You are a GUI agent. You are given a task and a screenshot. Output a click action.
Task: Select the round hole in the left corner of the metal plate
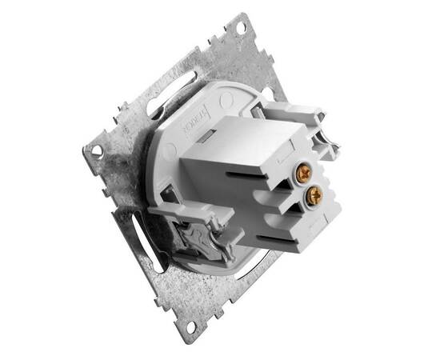[x=96, y=150]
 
